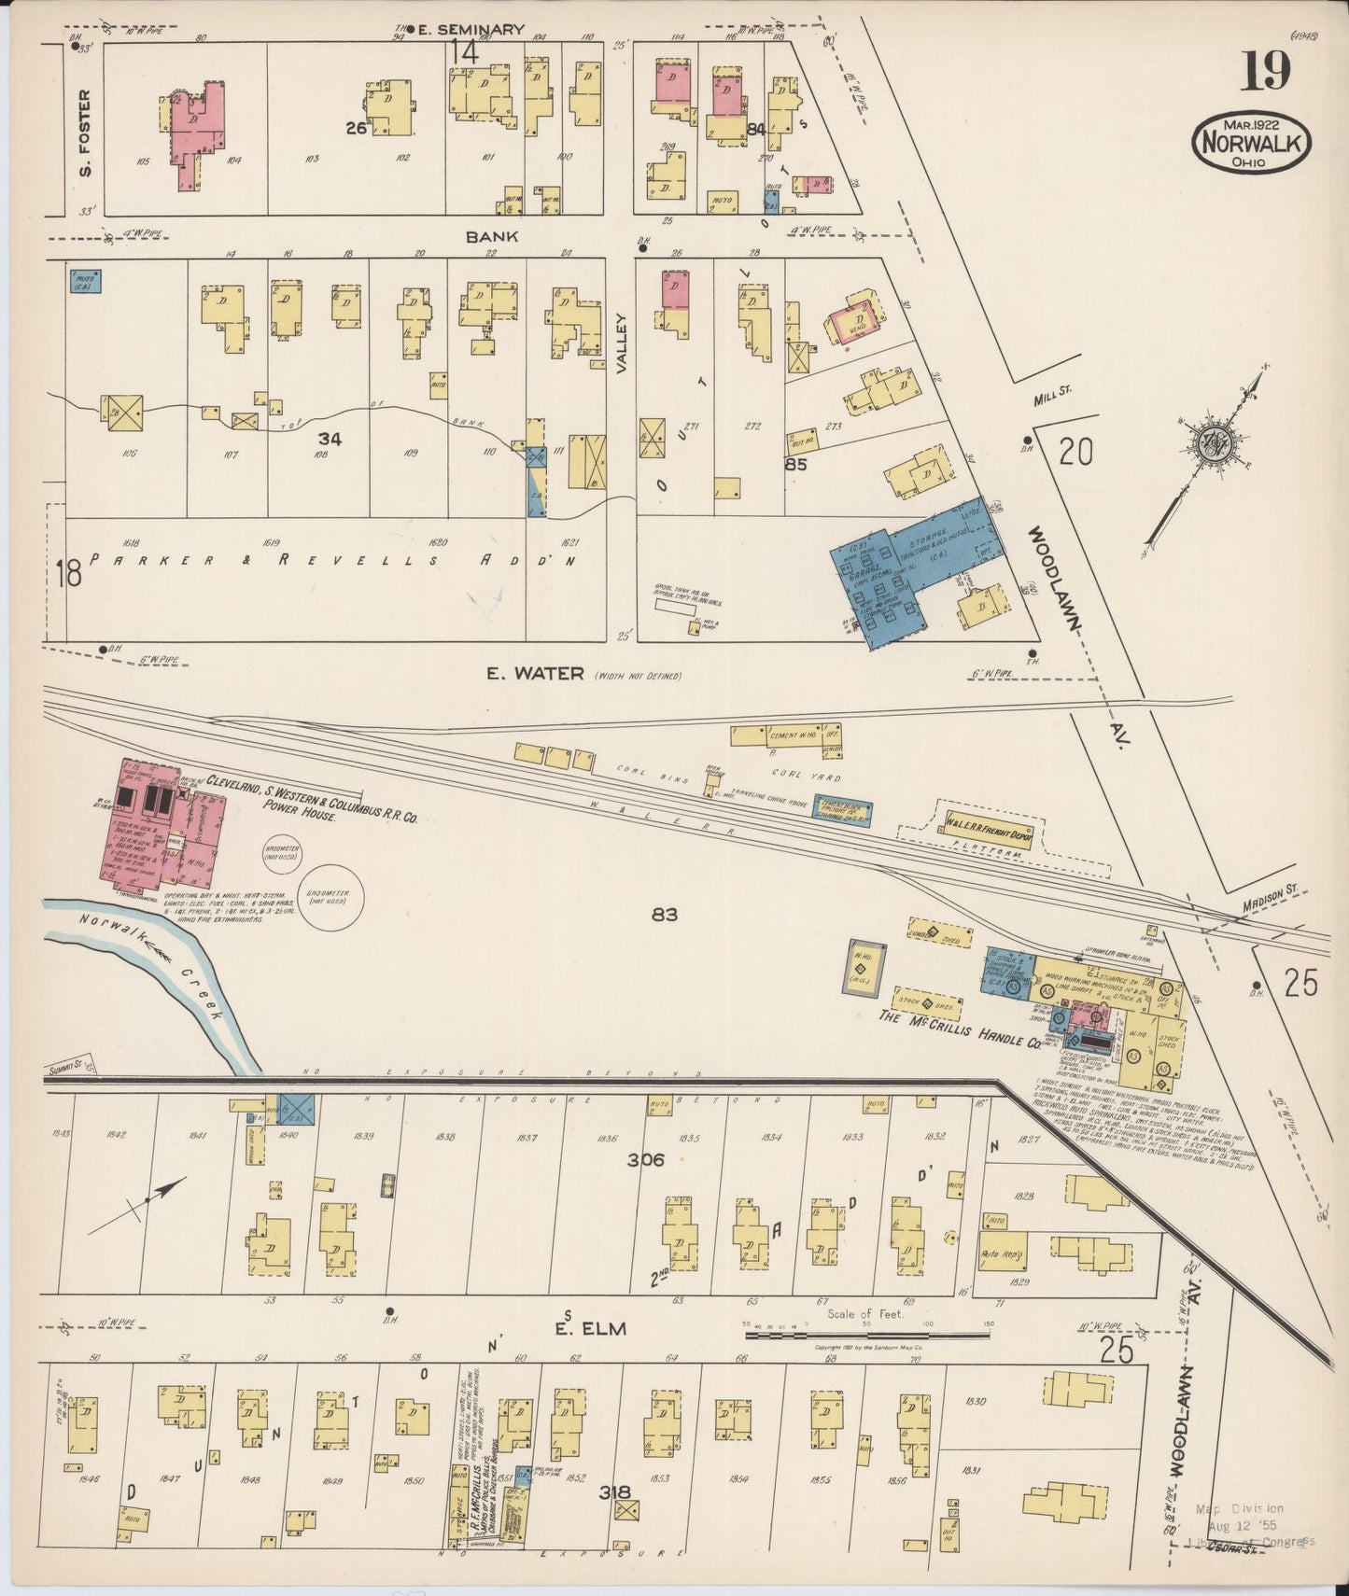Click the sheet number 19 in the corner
pos(1266,72)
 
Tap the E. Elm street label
pos(576,1329)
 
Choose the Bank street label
pos(492,237)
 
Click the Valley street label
pos(620,343)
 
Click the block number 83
pos(665,916)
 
